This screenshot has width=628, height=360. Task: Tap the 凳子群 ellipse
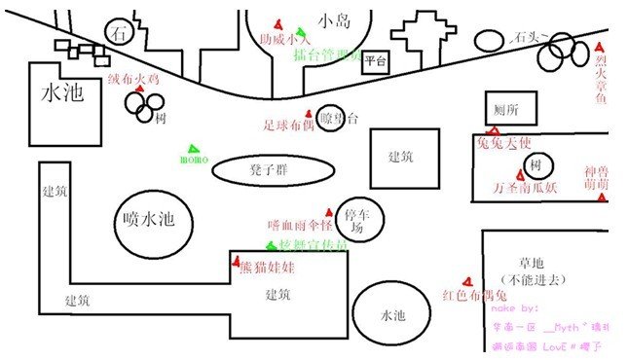[x=266, y=170]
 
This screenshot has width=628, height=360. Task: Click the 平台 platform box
[x=376, y=63]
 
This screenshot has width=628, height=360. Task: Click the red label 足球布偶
[x=289, y=125]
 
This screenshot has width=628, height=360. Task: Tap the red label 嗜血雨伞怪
[x=301, y=225]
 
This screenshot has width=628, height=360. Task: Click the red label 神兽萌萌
[x=597, y=177]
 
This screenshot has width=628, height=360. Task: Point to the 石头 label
[x=527, y=37]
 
